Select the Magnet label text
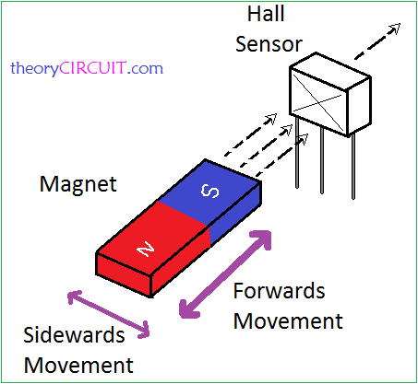coord(78,184)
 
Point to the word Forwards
coord(279,292)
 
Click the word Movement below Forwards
coord(287,321)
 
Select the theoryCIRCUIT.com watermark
coord(87,68)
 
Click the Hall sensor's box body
coord(328,96)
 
